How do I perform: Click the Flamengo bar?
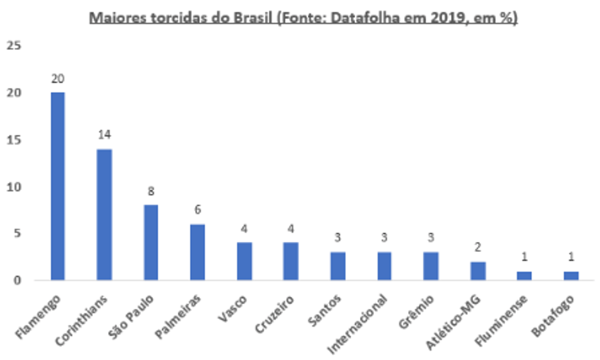pyautogui.click(x=57, y=186)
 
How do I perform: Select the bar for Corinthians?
pyautogui.click(x=104, y=214)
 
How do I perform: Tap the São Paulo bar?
pyautogui.click(x=151, y=242)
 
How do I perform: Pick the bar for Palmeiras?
pyautogui.click(x=198, y=251)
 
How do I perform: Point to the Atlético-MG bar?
pyautogui.click(x=478, y=270)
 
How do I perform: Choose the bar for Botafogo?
pyautogui.click(x=571, y=275)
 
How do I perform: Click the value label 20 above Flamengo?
pyautogui.click(x=58, y=78)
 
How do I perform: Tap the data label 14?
pyautogui.click(x=104, y=135)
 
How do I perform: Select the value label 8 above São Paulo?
pyautogui.click(x=151, y=191)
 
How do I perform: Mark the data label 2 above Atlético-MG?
pyautogui.click(x=478, y=248)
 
